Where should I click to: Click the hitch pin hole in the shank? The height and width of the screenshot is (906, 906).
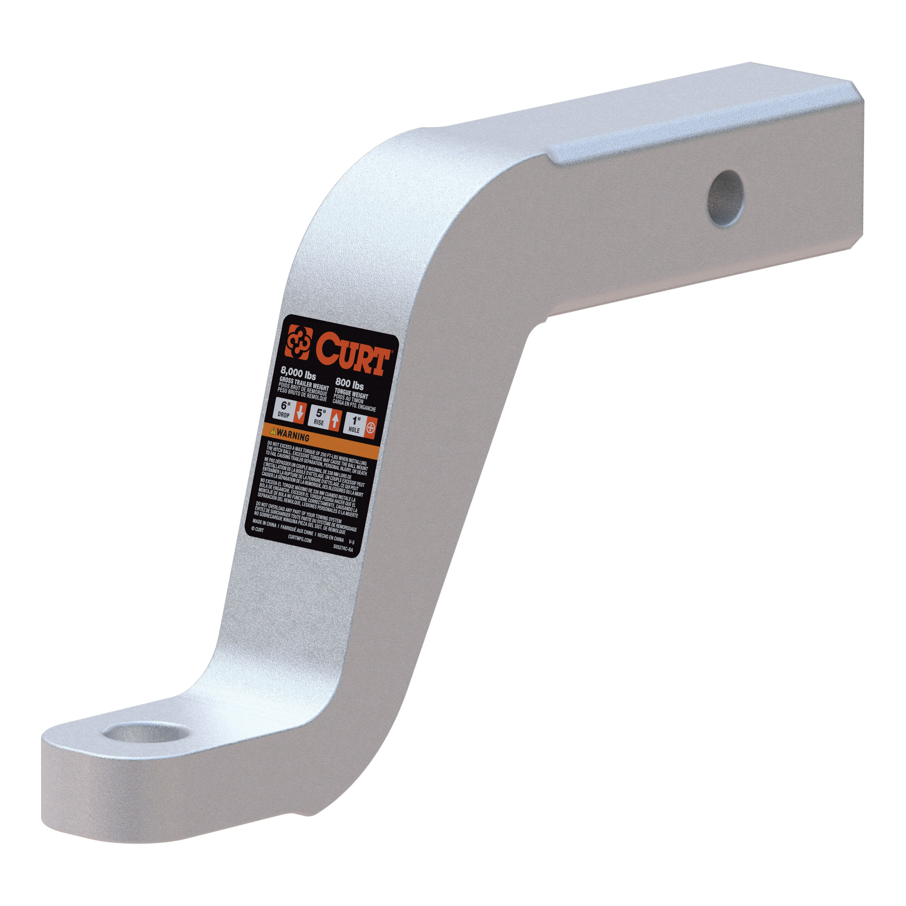(725, 199)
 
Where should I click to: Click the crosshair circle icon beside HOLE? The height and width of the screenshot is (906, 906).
(371, 428)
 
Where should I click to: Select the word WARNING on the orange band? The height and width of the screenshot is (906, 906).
(293, 436)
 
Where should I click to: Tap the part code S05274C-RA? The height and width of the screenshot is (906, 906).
(343, 547)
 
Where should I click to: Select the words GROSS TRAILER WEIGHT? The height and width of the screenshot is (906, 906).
(304, 384)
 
